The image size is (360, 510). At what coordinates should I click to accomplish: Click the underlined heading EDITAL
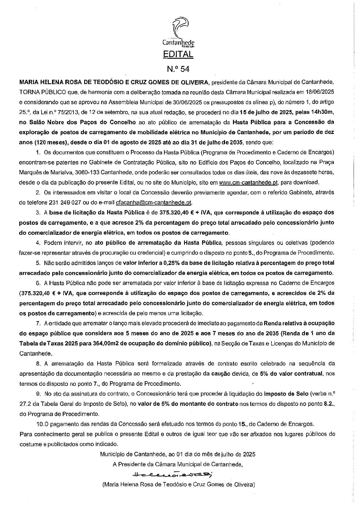[x=178, y=54]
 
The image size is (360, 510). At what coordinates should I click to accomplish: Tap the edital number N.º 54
[x=178, y=69]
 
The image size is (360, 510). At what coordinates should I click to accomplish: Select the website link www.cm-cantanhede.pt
[x=249, y=182]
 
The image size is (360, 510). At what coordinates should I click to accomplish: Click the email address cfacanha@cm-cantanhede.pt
[x=154, y=202]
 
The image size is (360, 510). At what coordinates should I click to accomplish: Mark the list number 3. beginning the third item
[x=38, y=212]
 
